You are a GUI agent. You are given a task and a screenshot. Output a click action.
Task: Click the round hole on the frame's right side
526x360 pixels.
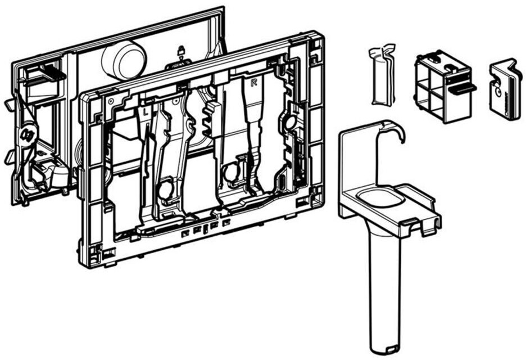[288, 123]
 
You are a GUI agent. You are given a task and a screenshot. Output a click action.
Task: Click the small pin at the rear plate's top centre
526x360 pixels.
[180, 51]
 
